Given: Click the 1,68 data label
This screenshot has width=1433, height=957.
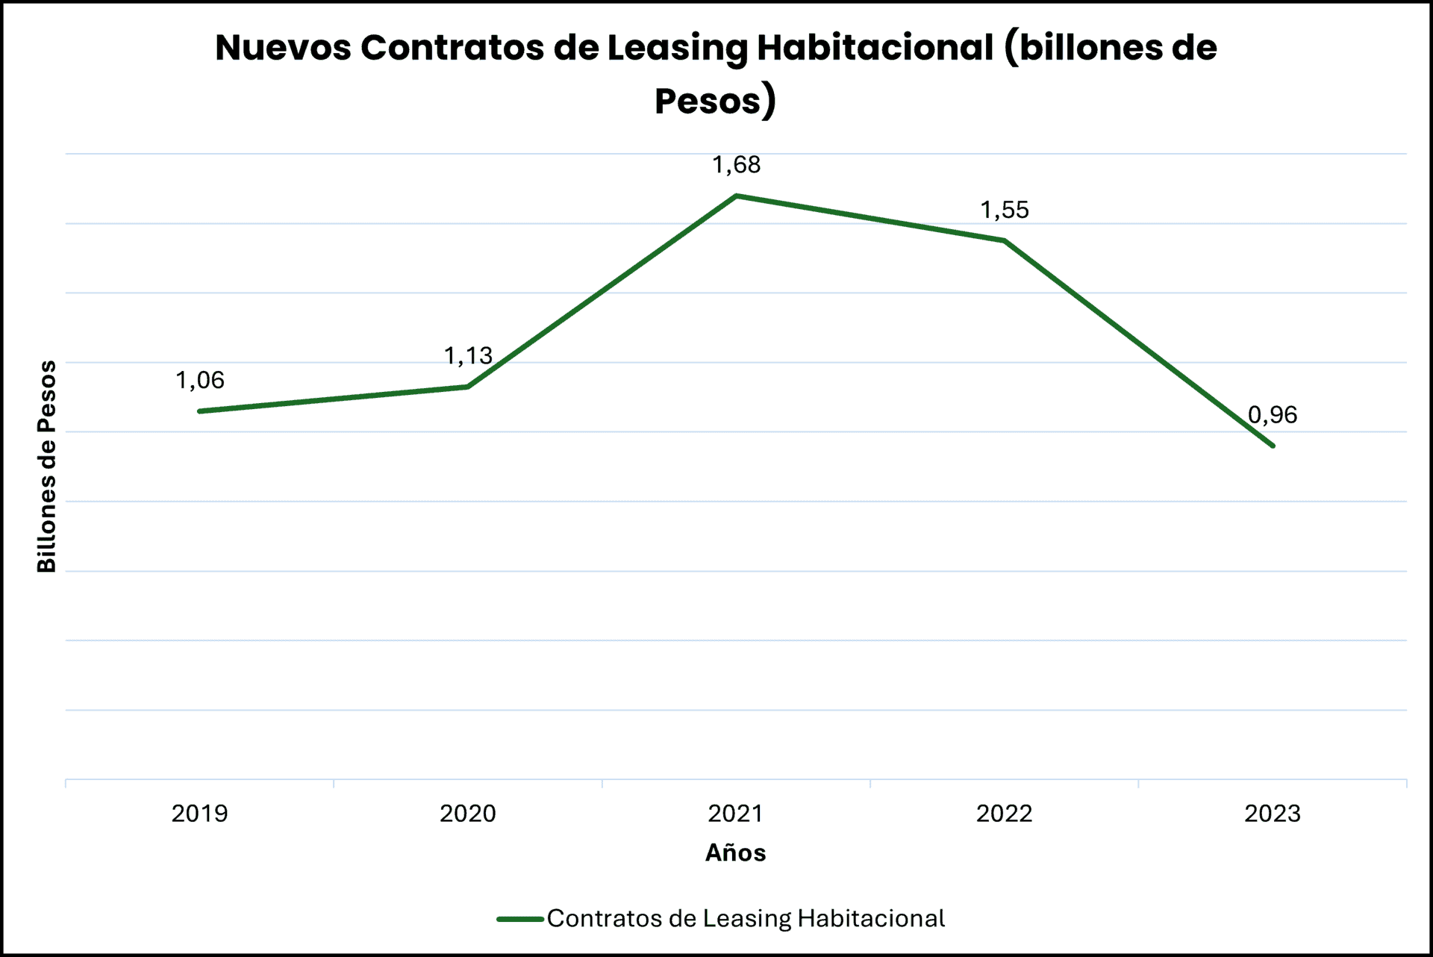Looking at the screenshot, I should point(736,165).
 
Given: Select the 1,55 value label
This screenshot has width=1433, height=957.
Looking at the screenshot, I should point(1004,211).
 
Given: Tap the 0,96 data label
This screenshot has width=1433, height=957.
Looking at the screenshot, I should point(1273,415).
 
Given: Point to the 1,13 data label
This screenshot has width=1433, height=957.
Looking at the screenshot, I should point(468,356).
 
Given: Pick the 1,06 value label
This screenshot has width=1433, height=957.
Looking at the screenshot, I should point(199,381).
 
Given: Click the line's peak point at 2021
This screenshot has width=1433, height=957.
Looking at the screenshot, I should point(736,196).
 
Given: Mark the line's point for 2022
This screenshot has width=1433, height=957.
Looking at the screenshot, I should point(1005,240).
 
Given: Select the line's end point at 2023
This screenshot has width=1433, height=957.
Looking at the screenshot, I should point(1273,446).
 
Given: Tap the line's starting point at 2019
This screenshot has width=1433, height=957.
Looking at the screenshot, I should point(200,411).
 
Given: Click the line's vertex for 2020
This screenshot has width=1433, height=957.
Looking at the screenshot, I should point(468,387).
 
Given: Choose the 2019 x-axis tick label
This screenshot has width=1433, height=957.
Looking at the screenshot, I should point(199,814).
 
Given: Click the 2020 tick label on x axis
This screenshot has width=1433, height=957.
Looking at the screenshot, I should point(468,814).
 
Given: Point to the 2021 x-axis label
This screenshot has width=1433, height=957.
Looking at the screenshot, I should point(736,814).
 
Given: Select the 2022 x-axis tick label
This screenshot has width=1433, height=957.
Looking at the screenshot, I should point(1004,814).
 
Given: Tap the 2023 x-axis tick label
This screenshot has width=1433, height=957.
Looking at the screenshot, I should point(1273,814).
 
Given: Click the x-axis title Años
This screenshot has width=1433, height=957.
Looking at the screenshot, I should point(736,852).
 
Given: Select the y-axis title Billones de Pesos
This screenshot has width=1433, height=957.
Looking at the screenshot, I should point(47,467).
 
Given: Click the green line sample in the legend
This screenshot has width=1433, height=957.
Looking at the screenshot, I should point(519,919).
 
